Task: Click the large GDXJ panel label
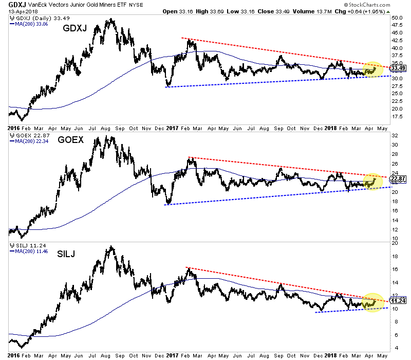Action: (x=75, y=30)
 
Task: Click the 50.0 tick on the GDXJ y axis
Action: (x=396, y=17)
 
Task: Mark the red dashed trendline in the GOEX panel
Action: (x=283, y=167)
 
